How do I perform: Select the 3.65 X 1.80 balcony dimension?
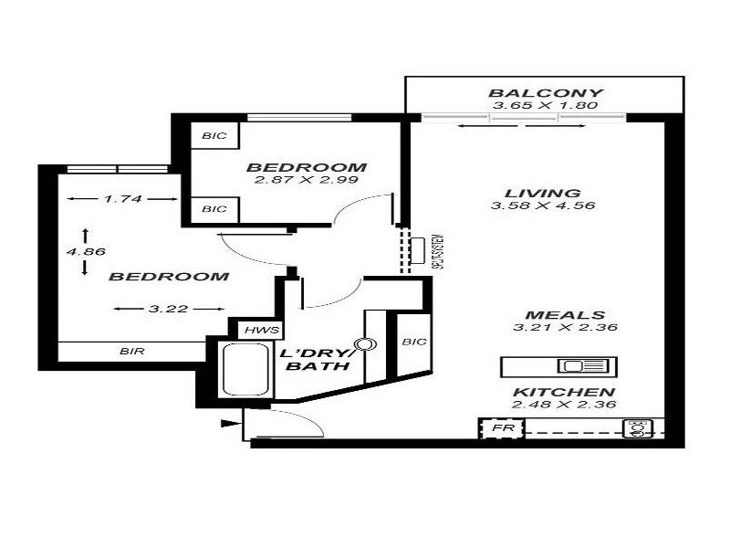point(545,107)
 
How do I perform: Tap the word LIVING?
point(543,193)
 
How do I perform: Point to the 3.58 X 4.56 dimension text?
point(543,206)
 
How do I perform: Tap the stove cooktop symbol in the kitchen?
point(637,429)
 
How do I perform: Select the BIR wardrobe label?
point(131,351)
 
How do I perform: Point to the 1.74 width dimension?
point(121,199)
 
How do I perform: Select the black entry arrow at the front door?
point(228,423)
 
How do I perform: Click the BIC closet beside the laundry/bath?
point(413,342)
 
